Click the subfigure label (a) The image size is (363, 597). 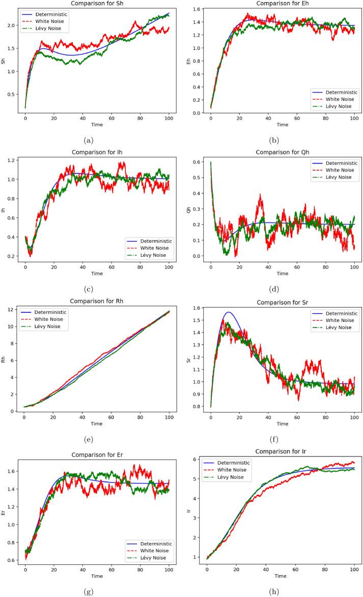[95, 139]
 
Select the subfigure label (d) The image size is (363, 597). [282, 289]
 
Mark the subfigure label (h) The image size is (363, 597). [282, 589]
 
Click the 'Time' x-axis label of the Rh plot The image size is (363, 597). [96, 423]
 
